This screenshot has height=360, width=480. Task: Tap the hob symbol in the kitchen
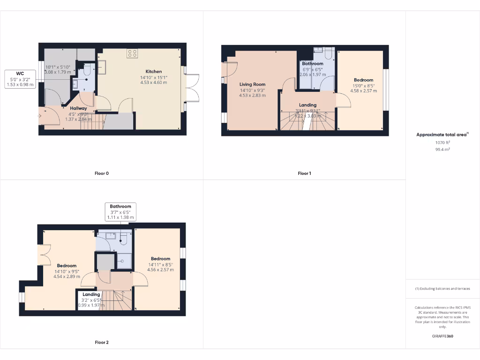pos(132,53)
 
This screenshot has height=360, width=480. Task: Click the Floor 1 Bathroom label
pos(313,64)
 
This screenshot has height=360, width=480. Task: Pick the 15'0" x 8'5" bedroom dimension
pos(363,86)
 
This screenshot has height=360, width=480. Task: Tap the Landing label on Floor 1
pos(307,105)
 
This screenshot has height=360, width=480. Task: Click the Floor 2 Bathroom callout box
pos(120,212)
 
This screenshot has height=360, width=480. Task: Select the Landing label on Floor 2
pos(91,294)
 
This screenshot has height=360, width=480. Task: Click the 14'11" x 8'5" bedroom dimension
pos(160,264)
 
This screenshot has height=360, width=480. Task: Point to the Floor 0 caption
pos(102,173)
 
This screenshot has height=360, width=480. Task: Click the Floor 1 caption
pos(304,173)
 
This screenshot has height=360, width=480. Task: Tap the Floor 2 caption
pos(102,342)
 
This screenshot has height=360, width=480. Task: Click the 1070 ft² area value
pos(442,142)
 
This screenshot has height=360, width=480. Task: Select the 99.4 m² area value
pos(442,150)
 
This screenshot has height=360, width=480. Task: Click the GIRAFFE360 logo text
pos(442,336)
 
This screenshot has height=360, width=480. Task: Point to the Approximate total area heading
pos(442,135)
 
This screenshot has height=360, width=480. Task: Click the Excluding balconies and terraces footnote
pos(442,289)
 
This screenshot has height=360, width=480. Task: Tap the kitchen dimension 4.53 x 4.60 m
pos(154,82)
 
